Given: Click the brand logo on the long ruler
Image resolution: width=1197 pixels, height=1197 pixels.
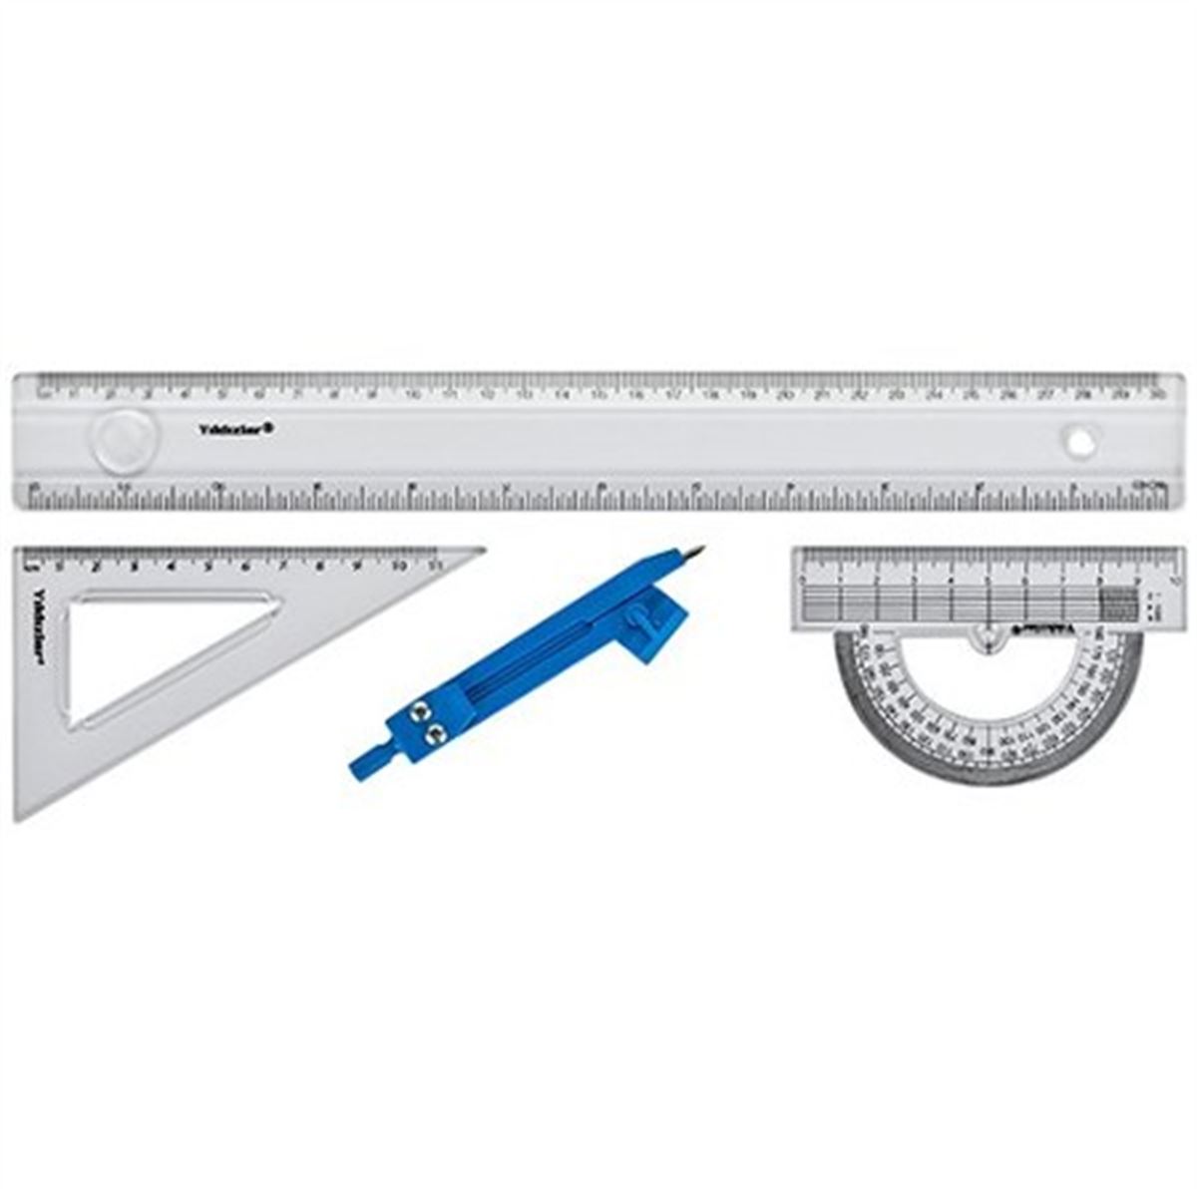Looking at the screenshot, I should click(x=236, y=429).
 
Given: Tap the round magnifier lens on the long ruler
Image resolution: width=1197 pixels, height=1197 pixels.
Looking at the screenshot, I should click(x=125, y=439).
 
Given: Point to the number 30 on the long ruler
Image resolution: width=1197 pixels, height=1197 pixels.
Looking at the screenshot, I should click(x=1157, y=395).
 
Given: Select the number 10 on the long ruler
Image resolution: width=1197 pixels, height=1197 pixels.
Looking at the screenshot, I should click(x=412, y=395).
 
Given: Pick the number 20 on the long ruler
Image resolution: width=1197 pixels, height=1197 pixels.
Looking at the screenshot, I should click(x=785, y=395).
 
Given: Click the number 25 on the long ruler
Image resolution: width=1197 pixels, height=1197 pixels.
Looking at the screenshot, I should click(x=972, y=395).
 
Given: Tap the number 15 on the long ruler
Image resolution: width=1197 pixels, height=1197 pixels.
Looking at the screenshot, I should click(x=598, y=395).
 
